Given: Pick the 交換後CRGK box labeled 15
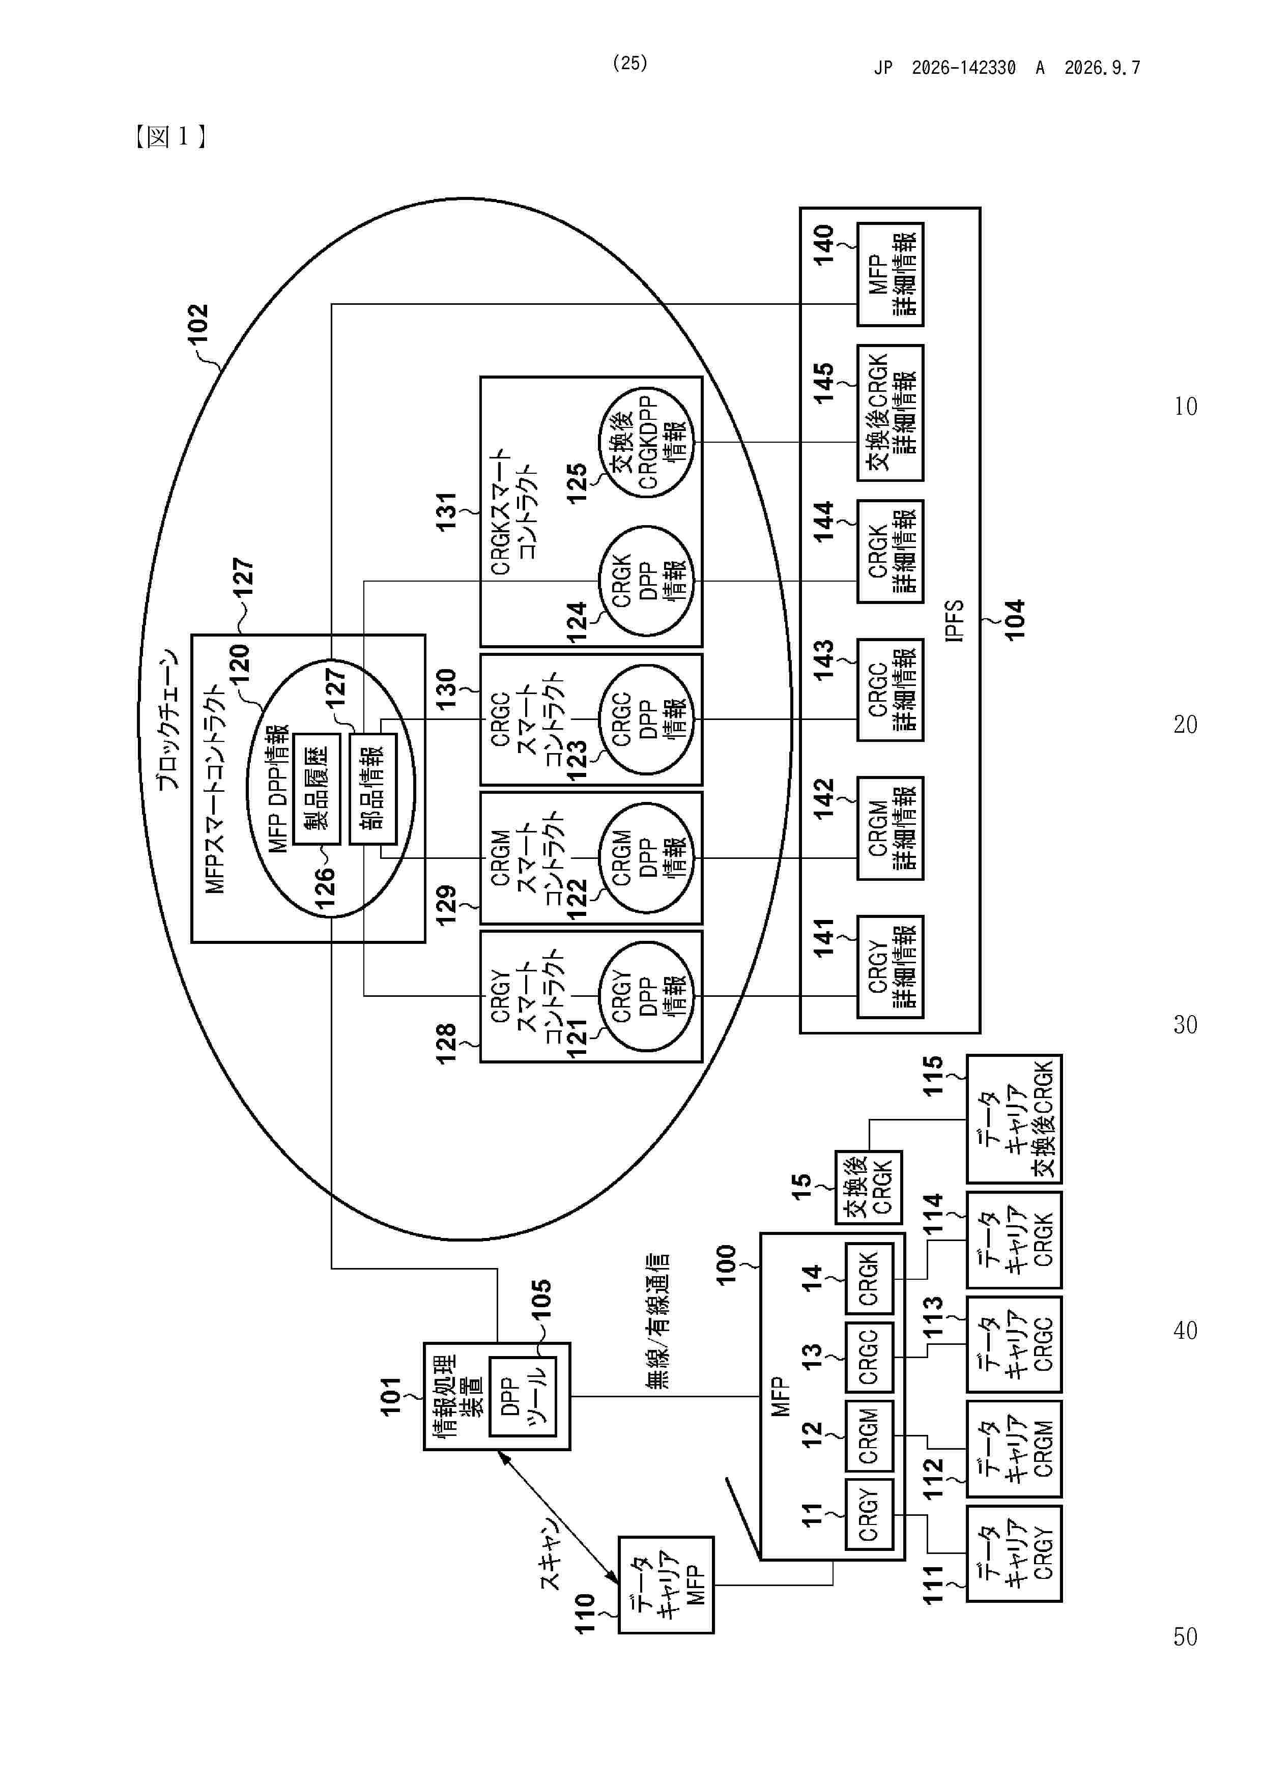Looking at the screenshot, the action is pyautogui.click(x=869, y=1187).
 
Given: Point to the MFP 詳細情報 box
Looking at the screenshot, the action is pyautogui.click(x=891, y=274).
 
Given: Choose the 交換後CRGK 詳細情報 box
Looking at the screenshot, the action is pyautogui.click(x=891, y=413).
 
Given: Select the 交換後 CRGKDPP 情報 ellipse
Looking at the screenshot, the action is pyautogui.click(x=647, y=442).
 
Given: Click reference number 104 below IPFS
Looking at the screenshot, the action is pyautogui.click(x=1015, y=620).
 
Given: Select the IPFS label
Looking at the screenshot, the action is pyautogui.click(x=954, y=620).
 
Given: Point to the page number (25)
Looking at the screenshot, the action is pyautogui.click(x=630, y=63).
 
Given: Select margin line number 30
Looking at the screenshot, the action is pyautogui.click(x=1185, y=1025).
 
